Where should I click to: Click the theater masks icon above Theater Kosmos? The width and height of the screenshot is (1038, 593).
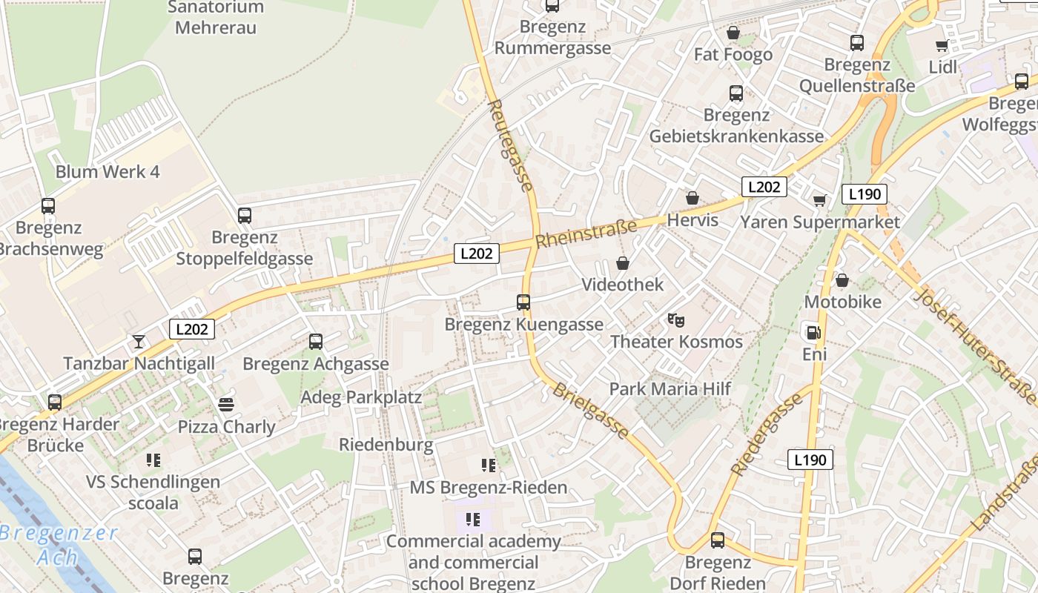[675, 320]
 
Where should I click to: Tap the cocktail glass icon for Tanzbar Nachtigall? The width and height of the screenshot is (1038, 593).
[139, 341]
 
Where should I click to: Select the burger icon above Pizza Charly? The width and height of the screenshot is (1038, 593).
[226, 405]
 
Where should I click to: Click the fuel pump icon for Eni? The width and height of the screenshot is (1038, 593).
[813, 333]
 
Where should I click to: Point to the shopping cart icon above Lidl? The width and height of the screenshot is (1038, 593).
[942, 46]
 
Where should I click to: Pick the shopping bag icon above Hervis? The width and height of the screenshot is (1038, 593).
[692, 198]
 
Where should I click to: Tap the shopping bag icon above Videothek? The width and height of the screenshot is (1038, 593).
[623, 263]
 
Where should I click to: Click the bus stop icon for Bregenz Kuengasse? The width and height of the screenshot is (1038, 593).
[523, 302]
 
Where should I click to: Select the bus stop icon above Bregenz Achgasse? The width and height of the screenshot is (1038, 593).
[316, 342]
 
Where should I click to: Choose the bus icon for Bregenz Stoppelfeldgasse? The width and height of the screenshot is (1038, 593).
[245, 216]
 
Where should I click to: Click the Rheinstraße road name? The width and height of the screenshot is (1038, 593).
[586, 233]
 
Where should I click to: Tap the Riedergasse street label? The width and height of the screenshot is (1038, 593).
[767, 434]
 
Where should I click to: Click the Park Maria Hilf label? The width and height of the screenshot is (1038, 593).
[670, 388]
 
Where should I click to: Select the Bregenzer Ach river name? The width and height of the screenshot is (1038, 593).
[59, 545]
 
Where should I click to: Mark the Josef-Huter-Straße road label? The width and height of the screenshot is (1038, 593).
[977, 345]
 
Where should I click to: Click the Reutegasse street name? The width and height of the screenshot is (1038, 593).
[511, 145]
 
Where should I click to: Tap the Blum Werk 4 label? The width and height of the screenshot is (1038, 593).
[108, 172]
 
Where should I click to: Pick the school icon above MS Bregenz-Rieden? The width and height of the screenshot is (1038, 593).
[489, 466]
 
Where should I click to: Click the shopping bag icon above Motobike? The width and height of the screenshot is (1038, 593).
[842, 280]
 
